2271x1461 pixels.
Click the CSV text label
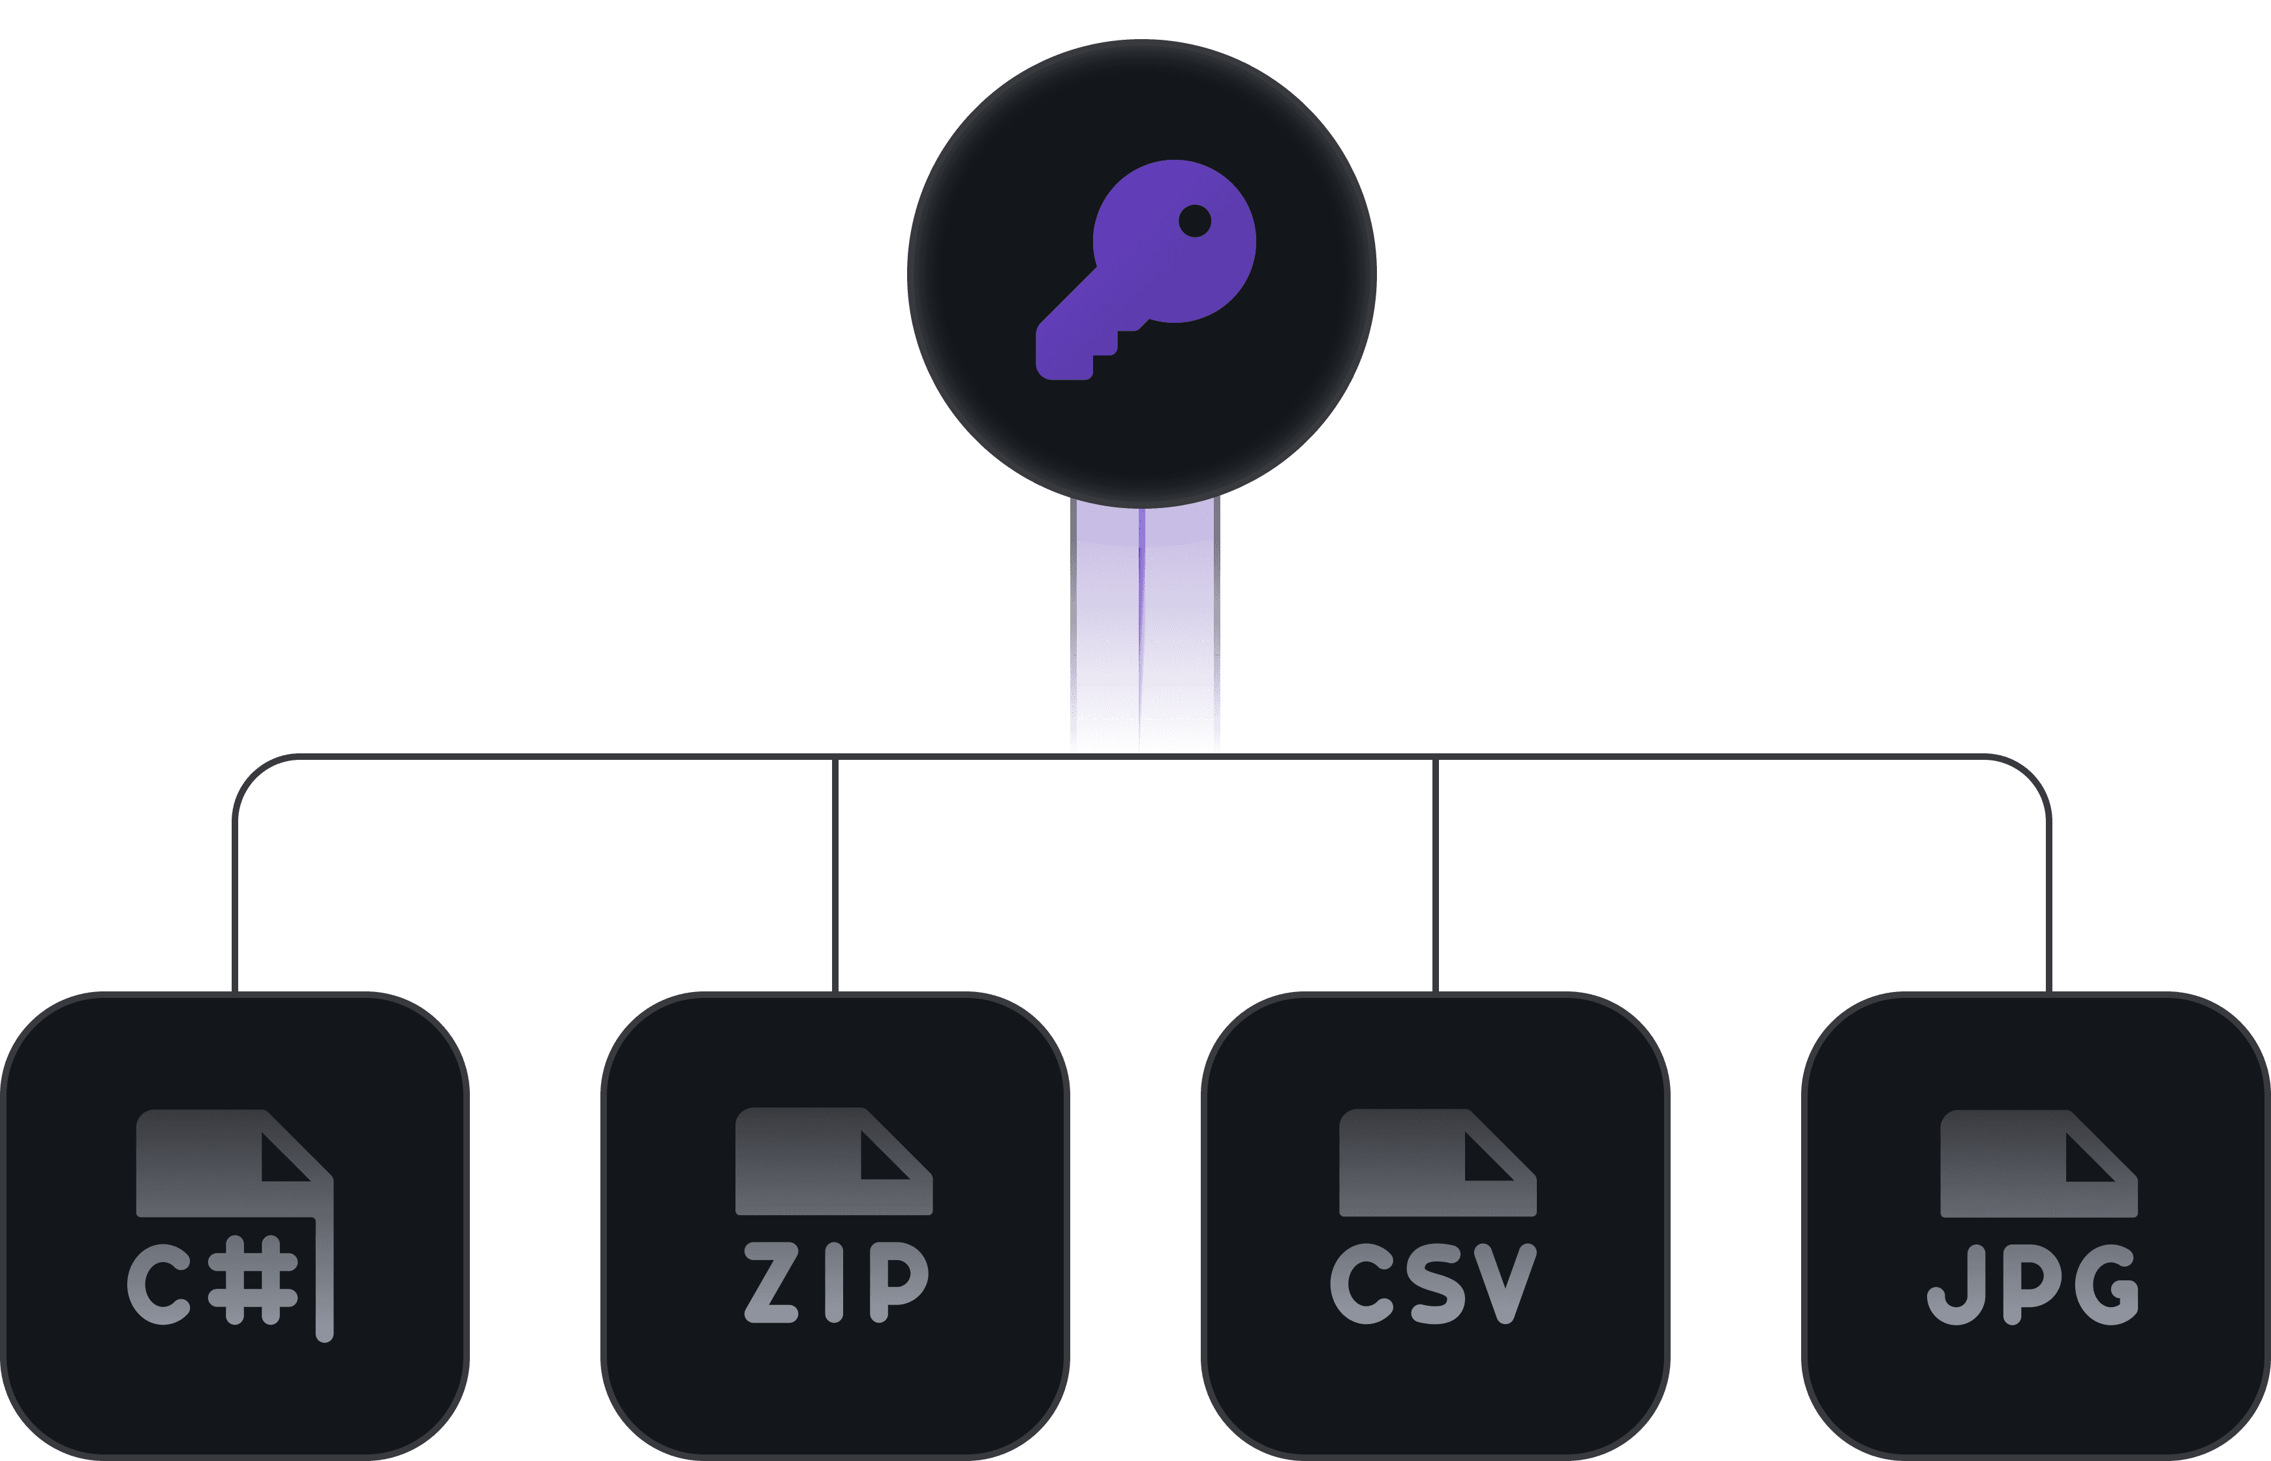(1434, 1283)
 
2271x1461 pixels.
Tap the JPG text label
(2033, 1284)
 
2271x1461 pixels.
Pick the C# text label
(213, 1281)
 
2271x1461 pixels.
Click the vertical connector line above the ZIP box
(835, 873)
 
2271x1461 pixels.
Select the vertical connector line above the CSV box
(1435, 873)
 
